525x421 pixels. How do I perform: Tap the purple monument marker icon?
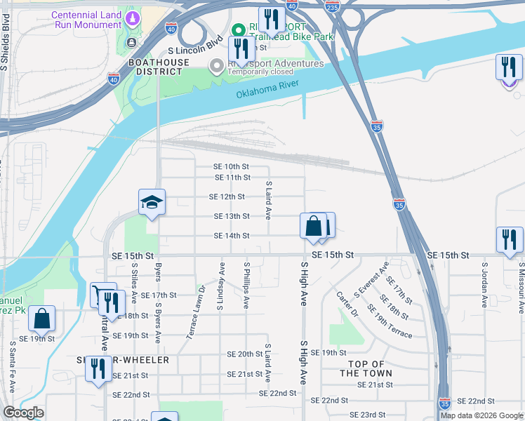click(131, 16)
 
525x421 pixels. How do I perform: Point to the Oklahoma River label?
click(267, 89)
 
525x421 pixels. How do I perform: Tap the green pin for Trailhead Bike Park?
click(238, 31)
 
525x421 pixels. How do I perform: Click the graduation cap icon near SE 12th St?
click(152, 203)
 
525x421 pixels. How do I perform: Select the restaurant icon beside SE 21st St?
click(98, 369)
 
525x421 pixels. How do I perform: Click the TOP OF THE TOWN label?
click(366, 368)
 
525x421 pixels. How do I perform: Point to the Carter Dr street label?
click(347, 304)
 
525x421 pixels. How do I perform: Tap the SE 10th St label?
click(232, 166)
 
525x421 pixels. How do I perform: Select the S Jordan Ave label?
click(484, 285)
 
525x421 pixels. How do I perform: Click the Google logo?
click(23, 413)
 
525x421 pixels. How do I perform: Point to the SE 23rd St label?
click(368, 415)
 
